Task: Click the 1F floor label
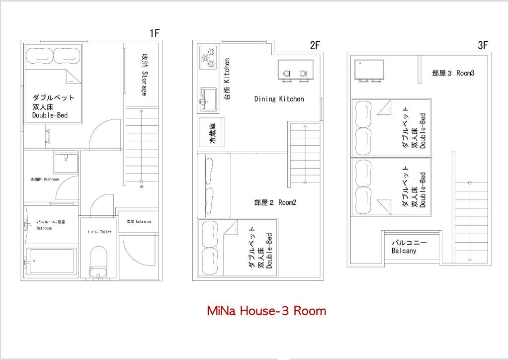point(155,33)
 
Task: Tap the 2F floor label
point(315,45)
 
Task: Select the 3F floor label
point(483,45)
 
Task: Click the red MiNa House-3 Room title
point(266,311)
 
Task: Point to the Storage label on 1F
point(144,75)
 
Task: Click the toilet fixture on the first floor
point(98,262)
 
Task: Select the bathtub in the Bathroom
point(52,261)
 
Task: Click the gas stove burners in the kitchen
point(209,58)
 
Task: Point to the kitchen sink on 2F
point(208,99)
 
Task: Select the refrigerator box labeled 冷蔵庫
point(212,132)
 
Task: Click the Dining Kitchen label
point(279,99)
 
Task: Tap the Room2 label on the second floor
point(275,202)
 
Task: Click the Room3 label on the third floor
point(453,73)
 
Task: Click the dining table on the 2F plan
point(296,70)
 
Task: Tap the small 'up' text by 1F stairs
point(142,186)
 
